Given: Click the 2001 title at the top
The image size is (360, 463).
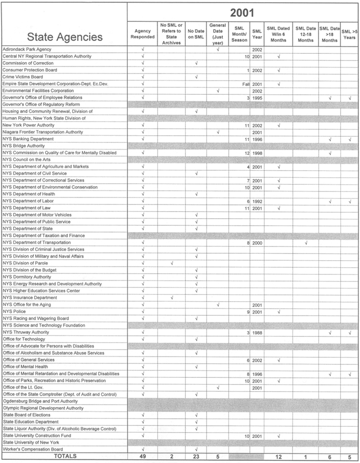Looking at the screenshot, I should pos(242,12).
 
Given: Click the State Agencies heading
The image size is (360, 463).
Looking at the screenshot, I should pos(64,37).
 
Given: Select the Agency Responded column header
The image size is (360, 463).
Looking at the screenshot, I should pos(143,34).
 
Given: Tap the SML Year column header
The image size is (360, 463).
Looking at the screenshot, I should pos(257,34).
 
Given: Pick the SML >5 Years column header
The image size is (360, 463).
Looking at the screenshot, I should pos(349,34).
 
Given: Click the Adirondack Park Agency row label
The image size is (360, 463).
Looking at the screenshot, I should pos(27,49).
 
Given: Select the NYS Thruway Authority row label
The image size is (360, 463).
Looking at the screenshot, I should pos(27,332).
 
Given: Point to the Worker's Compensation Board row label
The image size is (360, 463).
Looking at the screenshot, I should pos(35,449).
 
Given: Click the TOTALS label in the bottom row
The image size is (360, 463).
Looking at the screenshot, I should pos(64,456).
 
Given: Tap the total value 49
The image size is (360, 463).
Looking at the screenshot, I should pos(143,457).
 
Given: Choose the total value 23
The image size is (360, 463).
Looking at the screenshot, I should pos(197,457).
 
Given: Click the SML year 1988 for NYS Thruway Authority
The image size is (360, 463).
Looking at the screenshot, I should pos(257,332).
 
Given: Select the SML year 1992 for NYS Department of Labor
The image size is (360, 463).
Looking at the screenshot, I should pos(257,201).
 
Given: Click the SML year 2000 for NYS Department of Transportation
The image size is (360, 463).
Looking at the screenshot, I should pos(257,243).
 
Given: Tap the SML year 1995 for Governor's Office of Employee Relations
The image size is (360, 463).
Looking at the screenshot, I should pos(257,97).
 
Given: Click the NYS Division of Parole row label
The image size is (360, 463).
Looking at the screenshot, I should pos(25,263).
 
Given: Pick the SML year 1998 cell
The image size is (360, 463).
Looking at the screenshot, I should pos(257,153).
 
